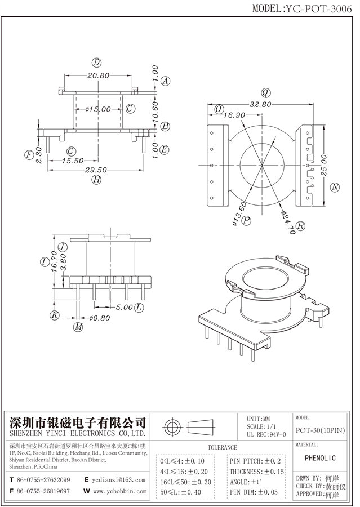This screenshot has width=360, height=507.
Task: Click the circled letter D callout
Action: tap(97, 63)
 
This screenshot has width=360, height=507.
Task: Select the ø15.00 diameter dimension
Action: tap(97, 109)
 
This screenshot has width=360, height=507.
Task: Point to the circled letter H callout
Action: tap(97, 180)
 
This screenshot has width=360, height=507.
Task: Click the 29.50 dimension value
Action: tap(96, 170)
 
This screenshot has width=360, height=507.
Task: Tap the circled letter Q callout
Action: tap(264, 92)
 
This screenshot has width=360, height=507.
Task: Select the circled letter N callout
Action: tap(335, 187)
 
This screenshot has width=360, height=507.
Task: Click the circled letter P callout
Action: tap(246, 221)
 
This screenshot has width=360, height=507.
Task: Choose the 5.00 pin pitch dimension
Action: tap(124, 308)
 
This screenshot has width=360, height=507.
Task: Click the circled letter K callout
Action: tap(55, 315)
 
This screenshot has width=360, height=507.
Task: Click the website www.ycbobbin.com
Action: tap(119, 491)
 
